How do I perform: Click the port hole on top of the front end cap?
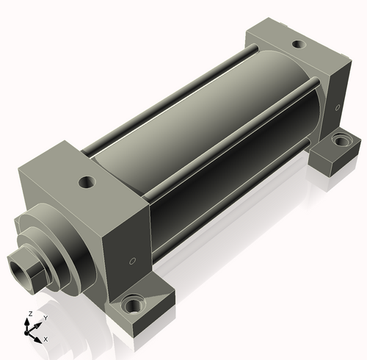(87, 182)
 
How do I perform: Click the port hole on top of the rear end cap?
(299, 44)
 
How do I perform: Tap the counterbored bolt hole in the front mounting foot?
(133, 303)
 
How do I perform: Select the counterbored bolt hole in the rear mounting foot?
(342, 140)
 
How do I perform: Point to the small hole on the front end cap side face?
(132, 261)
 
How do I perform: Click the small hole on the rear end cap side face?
(338, 107)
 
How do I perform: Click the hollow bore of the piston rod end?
(20, 270)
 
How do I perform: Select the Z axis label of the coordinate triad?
(30, 314)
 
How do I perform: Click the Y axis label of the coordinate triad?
(46, 318)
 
